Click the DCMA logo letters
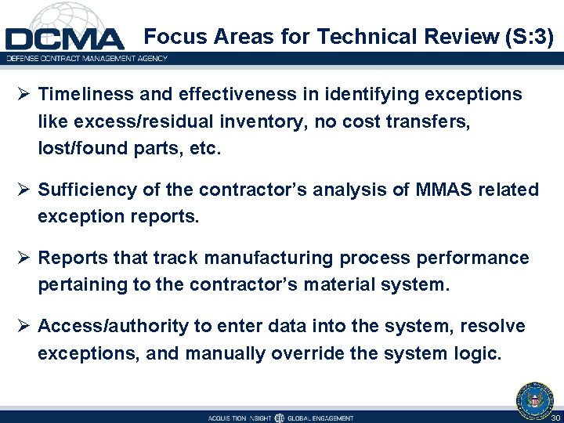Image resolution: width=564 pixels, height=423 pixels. [x=64, y=39]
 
